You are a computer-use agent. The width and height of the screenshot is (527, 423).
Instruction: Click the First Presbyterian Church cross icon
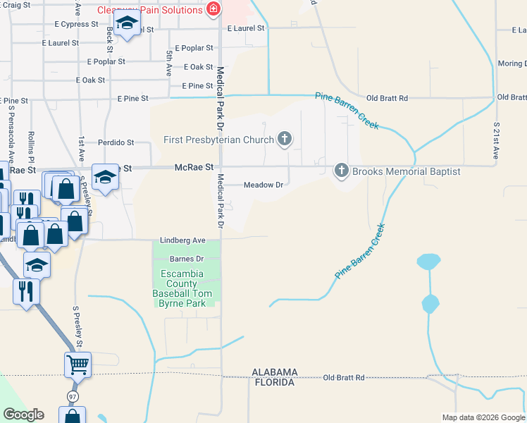[x=285, y=139]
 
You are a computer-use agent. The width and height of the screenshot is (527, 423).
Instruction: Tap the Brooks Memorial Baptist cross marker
[x=342, y=171]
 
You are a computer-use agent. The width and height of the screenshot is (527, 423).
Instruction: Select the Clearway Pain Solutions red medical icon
[x=213, y=10]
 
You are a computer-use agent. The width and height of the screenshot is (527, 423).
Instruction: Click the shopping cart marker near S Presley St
[x=77, y=365]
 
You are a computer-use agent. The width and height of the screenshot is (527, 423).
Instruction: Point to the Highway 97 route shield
[x=73, y=397]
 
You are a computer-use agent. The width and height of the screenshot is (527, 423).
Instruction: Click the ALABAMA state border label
[x=275, y=372]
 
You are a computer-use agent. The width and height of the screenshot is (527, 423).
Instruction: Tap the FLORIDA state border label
[x=274, y=382]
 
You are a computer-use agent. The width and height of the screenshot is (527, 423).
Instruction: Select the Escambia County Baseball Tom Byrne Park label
[x=182, y=288]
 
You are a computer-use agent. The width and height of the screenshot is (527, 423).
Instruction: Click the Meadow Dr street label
[x=263, y=185]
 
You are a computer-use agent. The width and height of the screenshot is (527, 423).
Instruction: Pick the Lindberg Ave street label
[x=182, y=240]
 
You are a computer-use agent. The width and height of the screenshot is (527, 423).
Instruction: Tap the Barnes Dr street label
[x=186, y=259]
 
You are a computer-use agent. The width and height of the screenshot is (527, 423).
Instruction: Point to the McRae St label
[x=194, y=167]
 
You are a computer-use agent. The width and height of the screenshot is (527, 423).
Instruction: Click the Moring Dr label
[x=512, y=63]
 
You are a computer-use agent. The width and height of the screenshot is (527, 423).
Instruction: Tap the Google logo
[x=23, y=415]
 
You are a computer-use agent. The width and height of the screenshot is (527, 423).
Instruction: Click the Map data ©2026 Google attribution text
[x=483, y=417]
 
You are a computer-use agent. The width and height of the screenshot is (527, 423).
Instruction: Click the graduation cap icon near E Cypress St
[x=127, y=25]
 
